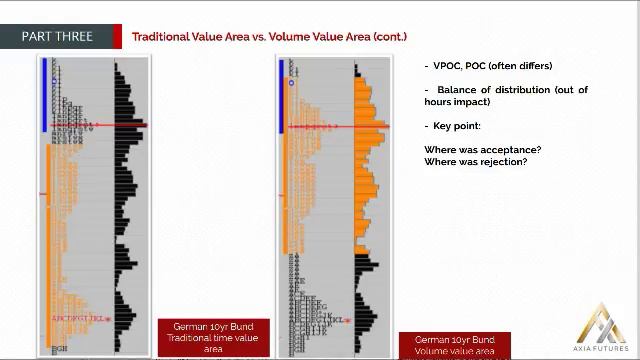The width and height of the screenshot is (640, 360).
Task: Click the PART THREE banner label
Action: [57, 37]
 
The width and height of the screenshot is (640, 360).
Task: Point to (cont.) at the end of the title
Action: [390, 37]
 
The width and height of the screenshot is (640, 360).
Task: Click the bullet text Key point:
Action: [456, 126]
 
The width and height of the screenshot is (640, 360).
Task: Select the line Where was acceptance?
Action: [482, 150]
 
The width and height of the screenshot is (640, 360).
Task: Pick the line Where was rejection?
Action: [475, 162]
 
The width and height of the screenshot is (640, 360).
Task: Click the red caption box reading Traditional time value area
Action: [213, 338]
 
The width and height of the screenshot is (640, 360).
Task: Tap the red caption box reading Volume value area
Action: [454, 346]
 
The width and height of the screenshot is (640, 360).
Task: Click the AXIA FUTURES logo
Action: [604, 328]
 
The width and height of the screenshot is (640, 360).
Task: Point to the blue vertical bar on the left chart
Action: [44, 95]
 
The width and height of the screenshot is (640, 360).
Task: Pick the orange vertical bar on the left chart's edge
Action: [44, 240]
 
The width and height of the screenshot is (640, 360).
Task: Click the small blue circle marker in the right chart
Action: [292, 83]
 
